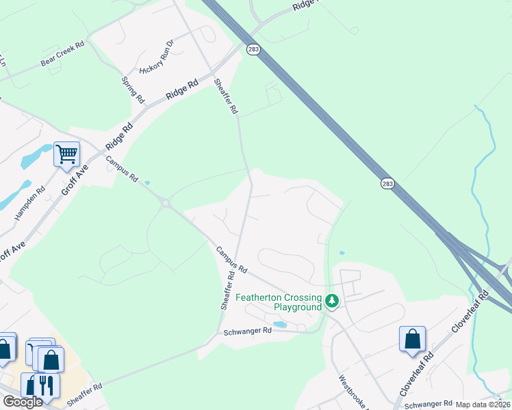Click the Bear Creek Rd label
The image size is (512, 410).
point(62,54)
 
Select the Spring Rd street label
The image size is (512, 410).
point(133,90)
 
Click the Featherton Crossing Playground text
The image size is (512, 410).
point(279,302)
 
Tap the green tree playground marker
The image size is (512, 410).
point(332,301)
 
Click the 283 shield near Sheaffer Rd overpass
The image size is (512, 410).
point(253,51)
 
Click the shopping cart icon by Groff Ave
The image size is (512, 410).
point(66,154)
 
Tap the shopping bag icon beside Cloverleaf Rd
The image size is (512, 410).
point(412,339)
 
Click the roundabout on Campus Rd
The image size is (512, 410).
point(164,201)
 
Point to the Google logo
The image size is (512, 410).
point(22,402)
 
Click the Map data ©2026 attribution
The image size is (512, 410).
point(483,405)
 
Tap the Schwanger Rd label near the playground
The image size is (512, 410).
point(248,331)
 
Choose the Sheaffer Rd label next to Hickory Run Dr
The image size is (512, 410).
point(226,96)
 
